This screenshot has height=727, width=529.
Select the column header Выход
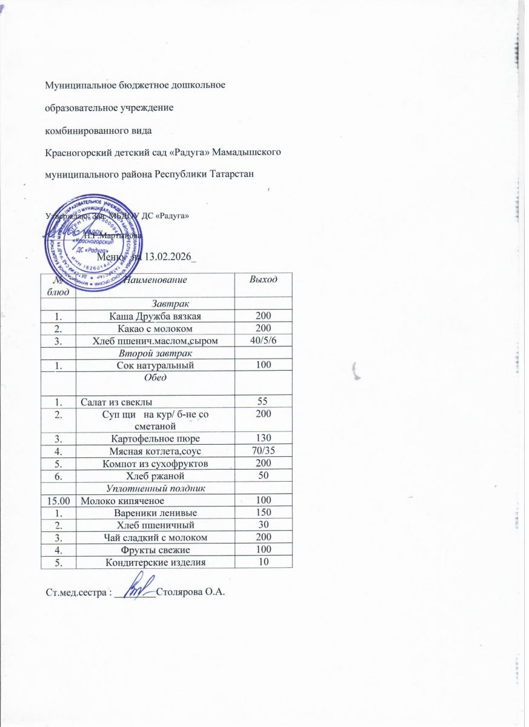coord(263,279)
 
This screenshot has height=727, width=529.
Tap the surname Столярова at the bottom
coord(179,592)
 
